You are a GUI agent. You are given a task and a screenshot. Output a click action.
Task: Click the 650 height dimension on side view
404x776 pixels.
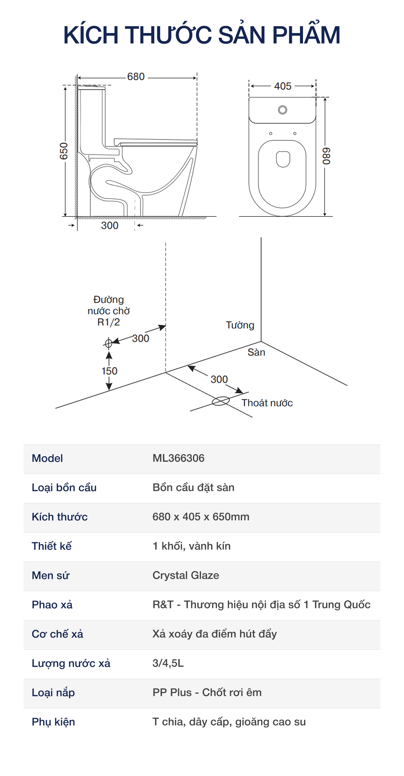[x=64, y=151]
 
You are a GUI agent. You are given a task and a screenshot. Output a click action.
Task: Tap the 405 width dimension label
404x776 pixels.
[x=282, y=86]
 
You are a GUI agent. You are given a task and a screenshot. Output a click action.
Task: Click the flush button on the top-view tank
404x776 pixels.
[x=282, y=110]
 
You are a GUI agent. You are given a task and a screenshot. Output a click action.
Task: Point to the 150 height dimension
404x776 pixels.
[x=109, y=371]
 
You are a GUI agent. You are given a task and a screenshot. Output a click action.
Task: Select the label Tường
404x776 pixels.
[x=240, y=325]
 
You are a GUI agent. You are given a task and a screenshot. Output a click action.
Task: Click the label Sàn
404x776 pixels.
[x=256, y=352]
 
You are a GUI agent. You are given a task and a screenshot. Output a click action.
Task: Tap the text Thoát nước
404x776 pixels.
[x=267, y=403]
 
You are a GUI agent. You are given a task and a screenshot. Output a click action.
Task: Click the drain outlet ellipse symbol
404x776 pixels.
[x=221, y=401]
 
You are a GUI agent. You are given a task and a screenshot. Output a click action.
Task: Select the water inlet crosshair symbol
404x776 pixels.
[x=108, y=343]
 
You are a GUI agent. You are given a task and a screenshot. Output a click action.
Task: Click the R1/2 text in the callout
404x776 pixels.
[x=108, y=322]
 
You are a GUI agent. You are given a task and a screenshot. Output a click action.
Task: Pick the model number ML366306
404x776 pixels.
[x=178, y=458]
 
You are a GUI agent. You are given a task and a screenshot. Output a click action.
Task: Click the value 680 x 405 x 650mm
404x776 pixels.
[x=201, y=517]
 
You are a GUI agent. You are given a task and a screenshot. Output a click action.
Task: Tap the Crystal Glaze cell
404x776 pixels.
[x=186, y=575]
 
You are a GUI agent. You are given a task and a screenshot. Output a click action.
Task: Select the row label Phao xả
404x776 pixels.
[x=52, y=605]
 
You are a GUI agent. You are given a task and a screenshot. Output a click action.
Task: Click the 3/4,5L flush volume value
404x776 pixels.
[x=168, y=663]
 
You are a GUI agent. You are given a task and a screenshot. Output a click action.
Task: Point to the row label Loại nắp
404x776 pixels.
[x=53, y=693]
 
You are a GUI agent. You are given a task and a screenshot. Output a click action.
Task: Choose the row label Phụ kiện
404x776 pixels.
[x=53, y=722]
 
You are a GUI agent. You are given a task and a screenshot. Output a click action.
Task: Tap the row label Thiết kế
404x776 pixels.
[x=52, y=546]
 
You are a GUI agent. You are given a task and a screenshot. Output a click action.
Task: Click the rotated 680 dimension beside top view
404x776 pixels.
[x=326, y=156]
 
